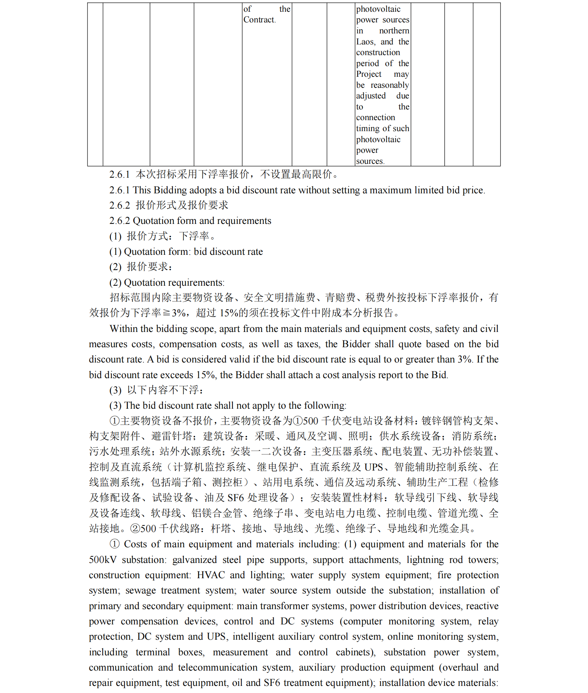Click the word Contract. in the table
pos(260,20)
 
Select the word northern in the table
pos(394,31)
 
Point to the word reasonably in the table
pos(390,85)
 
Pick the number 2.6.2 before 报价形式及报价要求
pos(119,205)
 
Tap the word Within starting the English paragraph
pos(123,329)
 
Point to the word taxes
pos(309,344)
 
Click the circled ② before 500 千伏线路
pos(135,528)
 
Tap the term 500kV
pos(102,560)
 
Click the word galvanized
pos(194,560)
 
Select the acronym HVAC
pos(211,575)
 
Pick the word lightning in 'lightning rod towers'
pos(425,560)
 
